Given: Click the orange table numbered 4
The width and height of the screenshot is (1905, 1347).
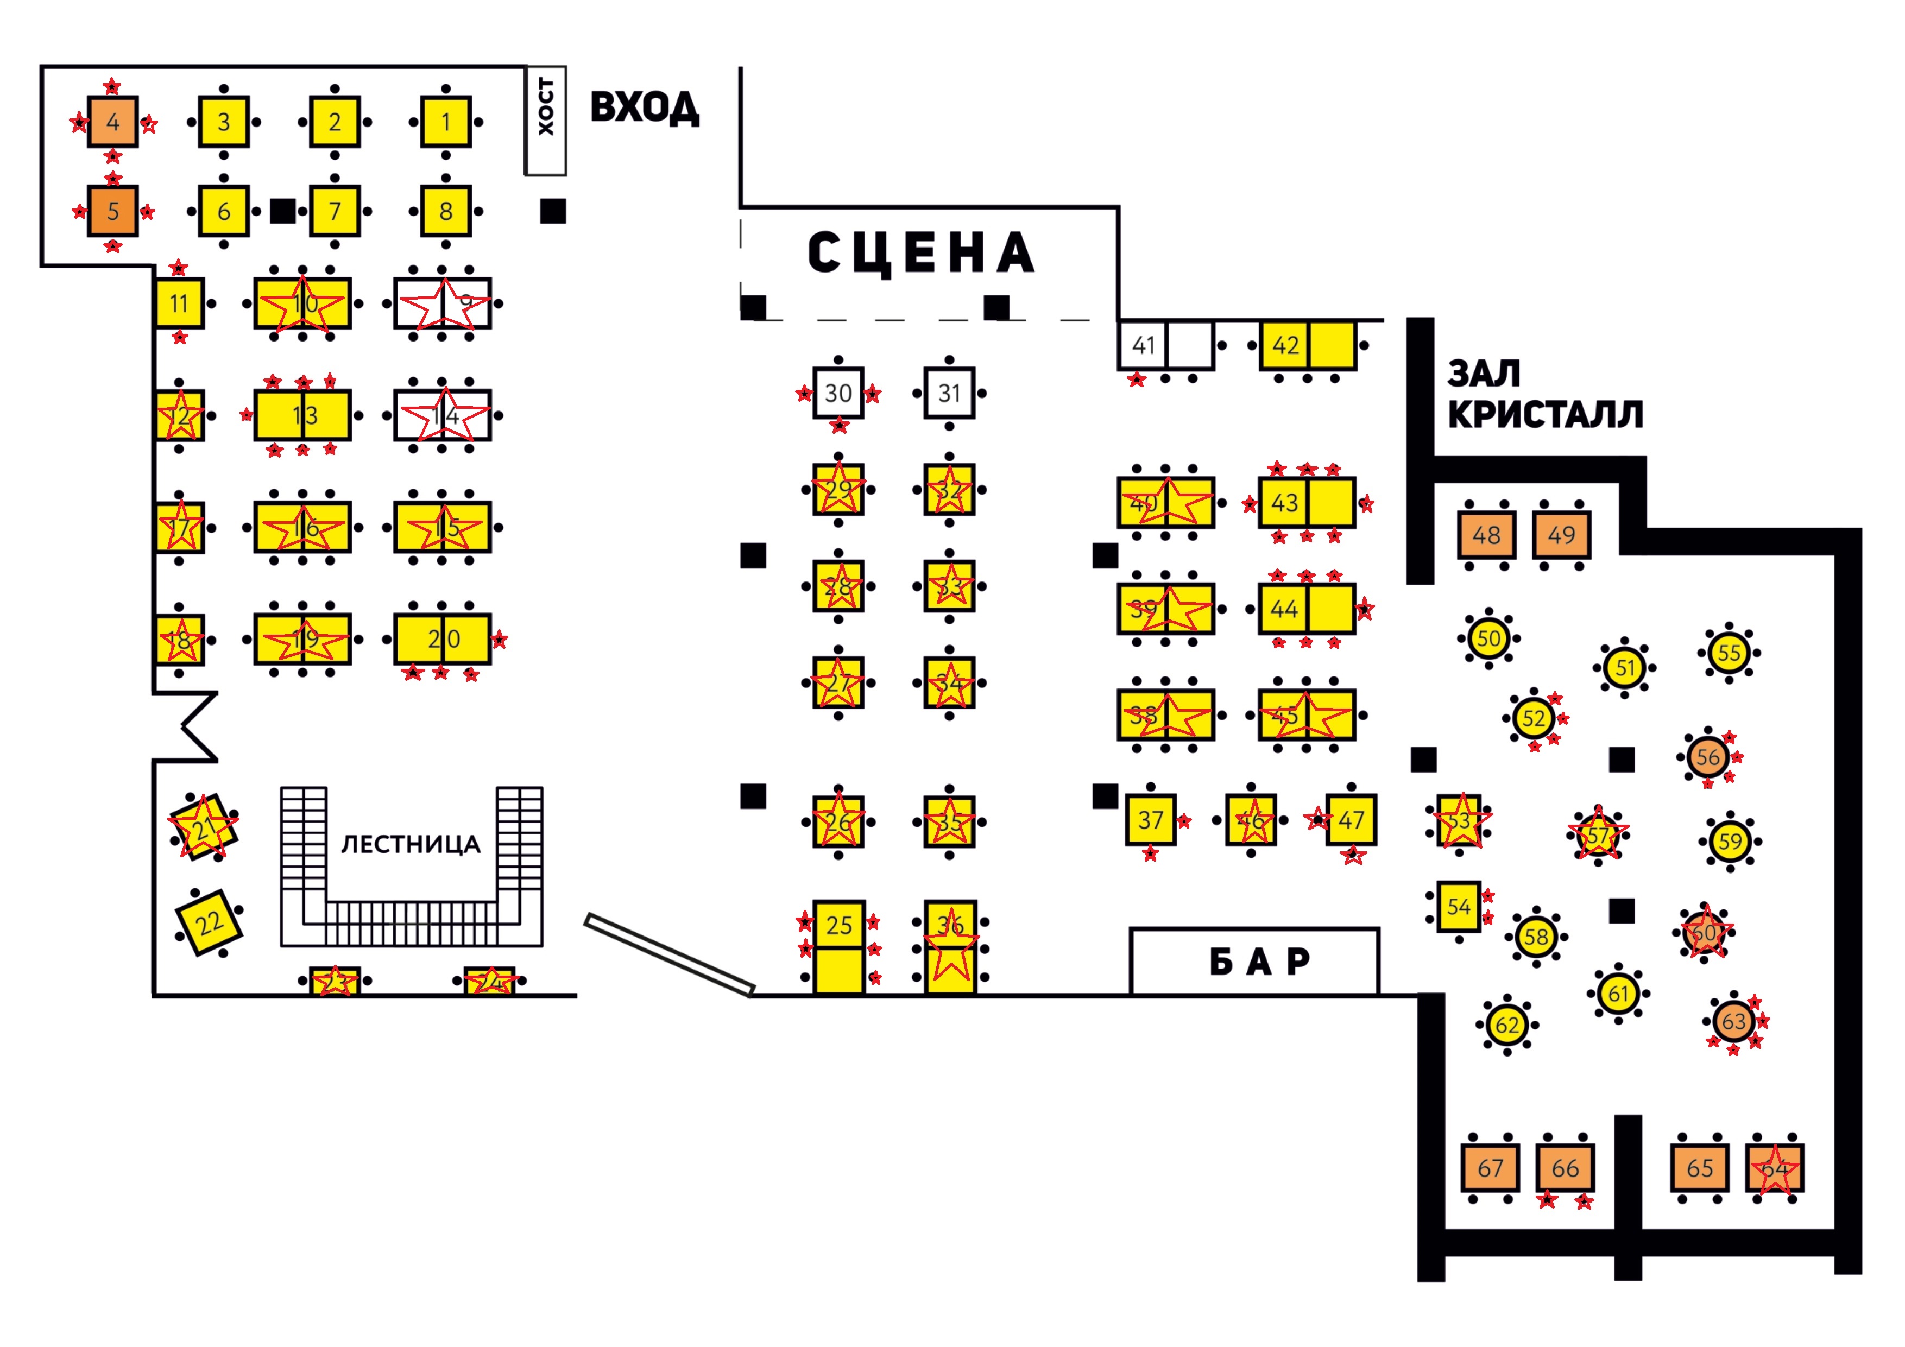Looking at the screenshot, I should (113, 122).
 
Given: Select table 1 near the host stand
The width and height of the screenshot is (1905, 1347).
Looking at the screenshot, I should (445, 122).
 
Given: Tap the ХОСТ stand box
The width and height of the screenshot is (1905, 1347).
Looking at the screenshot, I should (545, 121).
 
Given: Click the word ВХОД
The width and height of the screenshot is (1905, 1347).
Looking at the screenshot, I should (645, 108).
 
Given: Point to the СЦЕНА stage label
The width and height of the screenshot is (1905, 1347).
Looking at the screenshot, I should (921, 253).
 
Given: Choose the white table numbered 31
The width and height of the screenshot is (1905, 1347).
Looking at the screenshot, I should (949, 393).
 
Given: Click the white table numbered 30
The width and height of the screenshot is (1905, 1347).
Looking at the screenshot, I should (838, 393).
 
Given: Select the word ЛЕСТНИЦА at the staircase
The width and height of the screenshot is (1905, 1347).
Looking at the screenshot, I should (411, 844).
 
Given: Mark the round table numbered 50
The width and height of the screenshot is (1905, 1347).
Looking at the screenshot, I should (1488, 638).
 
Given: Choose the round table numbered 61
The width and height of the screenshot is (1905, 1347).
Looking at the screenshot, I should (1619, 993).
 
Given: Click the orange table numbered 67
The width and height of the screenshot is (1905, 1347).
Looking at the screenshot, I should (1490, 1168).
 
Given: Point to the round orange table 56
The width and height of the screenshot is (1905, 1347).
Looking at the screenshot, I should (1707, 756).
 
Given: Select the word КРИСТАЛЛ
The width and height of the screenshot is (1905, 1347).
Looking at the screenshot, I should (1545, 414).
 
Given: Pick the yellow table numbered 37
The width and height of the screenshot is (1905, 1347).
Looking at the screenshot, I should (1150, 819).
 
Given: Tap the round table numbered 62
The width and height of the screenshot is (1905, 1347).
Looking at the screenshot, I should (1507, 1025).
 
